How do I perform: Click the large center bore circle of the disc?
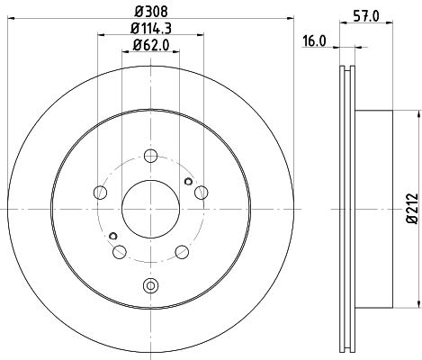pyautogui.click(x=149, y=209)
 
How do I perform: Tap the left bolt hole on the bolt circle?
pyautogui.click(x=99, y=191)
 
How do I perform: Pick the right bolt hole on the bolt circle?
pyautogui.click(x=200, y=191)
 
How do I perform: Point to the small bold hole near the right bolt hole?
pyautogui.click(x=186, y=181)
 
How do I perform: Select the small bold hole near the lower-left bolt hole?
pyautogui.click(x=112, y=236)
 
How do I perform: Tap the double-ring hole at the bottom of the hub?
pyautogui.click(x=149, y=286)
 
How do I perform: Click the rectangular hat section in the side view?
pyautogui.click(x=374, y=210)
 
